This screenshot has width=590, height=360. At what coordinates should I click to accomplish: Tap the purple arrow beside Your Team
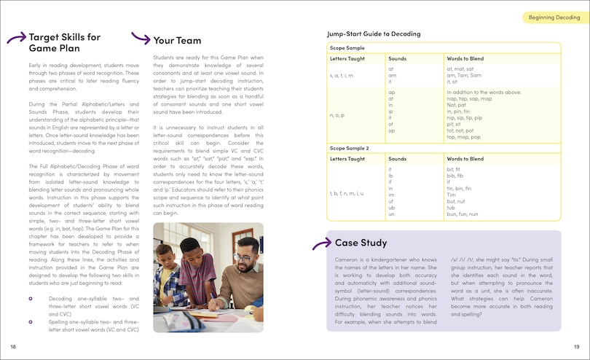(140, 39)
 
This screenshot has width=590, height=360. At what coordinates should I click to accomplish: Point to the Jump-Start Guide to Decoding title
(374, 34)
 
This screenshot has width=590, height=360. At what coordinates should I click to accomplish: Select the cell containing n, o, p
(337, 115)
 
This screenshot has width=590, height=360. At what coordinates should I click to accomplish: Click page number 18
(13, 346)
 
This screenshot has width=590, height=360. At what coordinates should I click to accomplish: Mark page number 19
(576, 346)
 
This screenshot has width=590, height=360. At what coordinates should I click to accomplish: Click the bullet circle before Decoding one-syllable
(30, 299)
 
